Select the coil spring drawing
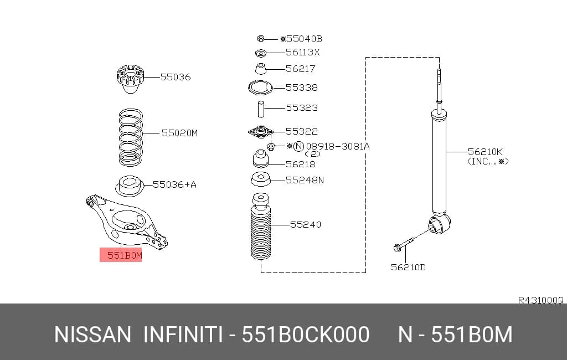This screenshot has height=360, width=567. [x=131, y=137]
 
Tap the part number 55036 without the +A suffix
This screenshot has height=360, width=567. [x=176, y=76]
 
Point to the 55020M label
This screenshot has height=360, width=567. [x=179, y=133]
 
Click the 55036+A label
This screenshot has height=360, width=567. [x=174, y=184]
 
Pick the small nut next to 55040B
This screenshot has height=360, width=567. [x=261, y=38]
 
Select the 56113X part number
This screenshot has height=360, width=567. [x=303, y=52]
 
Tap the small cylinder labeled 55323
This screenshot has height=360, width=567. [x=261, y=109]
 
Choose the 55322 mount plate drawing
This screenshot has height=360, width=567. [x=260, y=132]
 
